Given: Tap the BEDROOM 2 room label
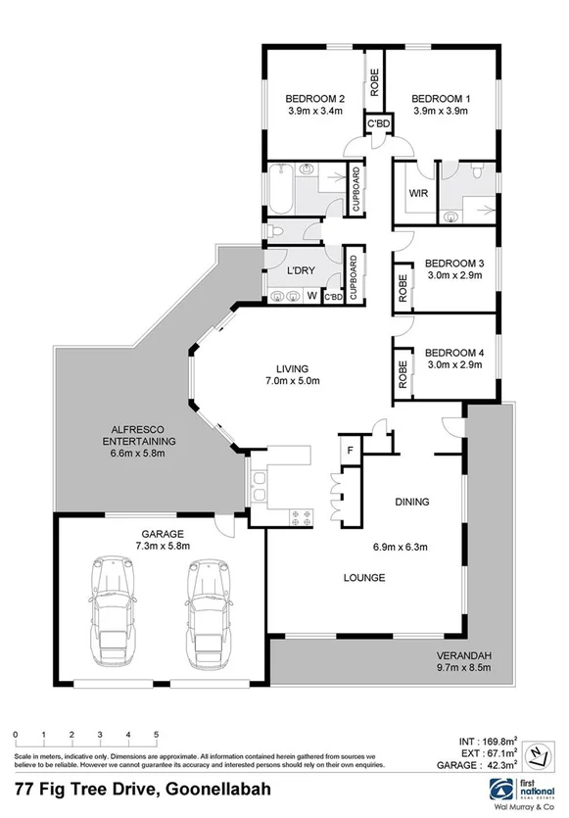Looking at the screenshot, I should pos(315,99).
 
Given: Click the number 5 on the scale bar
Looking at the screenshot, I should pos(156,734).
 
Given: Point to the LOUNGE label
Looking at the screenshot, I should pos(363,577).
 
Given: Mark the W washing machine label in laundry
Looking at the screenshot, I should pos(311,296).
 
